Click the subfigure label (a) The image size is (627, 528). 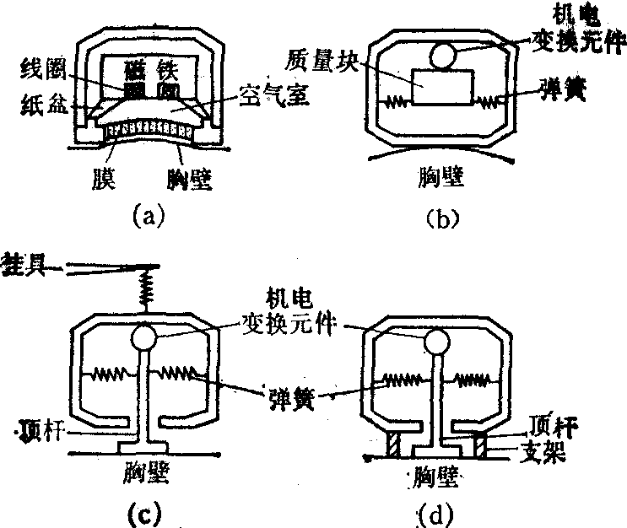[x=151, y=216]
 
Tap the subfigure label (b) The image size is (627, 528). [x=441, y=217]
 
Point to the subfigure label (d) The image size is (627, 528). [x=435, y=509]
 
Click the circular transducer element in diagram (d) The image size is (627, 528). [x=437, y=341]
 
